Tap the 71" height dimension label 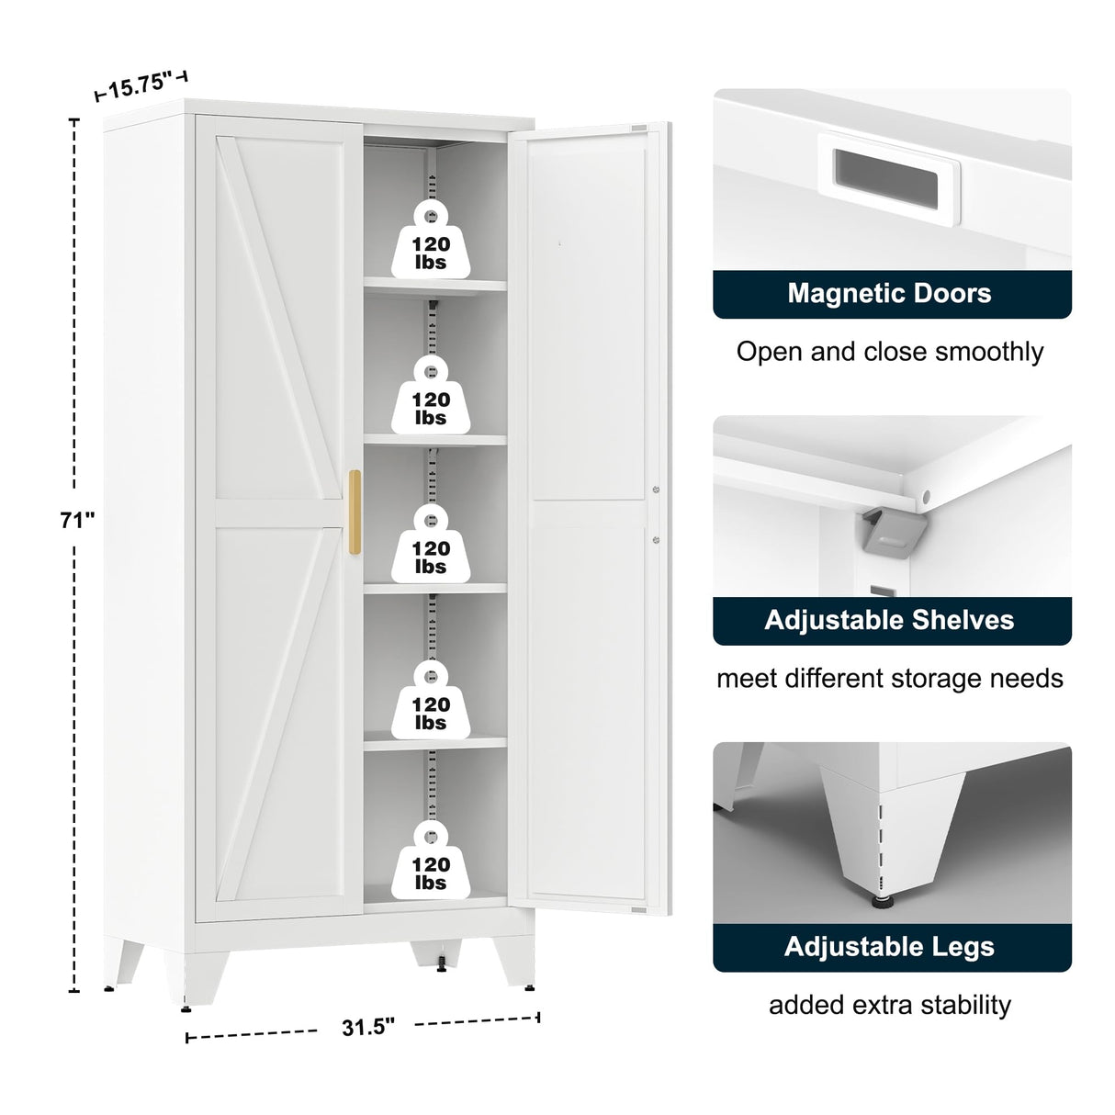tap(78, 520)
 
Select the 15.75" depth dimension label tap(140, 86)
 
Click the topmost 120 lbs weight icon tap(430, 241)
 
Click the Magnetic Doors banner tap(891, 294)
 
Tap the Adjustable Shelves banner tap(891, 620)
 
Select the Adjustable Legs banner tap(891, 947)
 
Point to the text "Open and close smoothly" tap(890, 352)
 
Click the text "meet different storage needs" tap(890, 679)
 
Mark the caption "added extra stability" tap(890, 1005)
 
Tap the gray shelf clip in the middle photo tap(886, 532)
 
